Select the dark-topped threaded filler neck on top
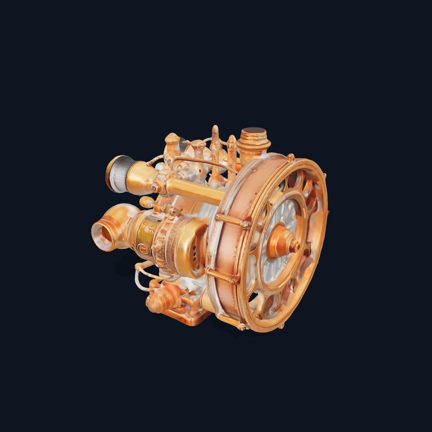[x=254, y=133]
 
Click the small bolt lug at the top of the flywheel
[x=291, y=157]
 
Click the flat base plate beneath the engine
[x=193, y=318]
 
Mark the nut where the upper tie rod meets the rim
[x=246, y=224]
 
